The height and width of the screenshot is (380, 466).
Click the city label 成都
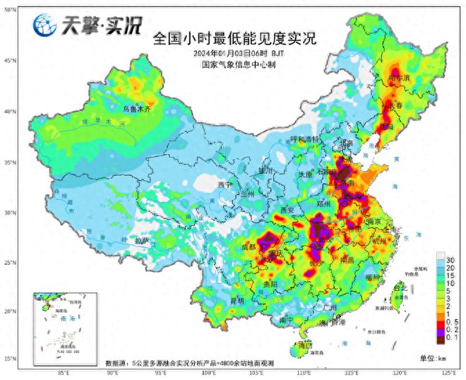click(249, 247)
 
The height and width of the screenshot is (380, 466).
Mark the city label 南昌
click(347, 259)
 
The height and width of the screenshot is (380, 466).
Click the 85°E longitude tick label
click(62, 372)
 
